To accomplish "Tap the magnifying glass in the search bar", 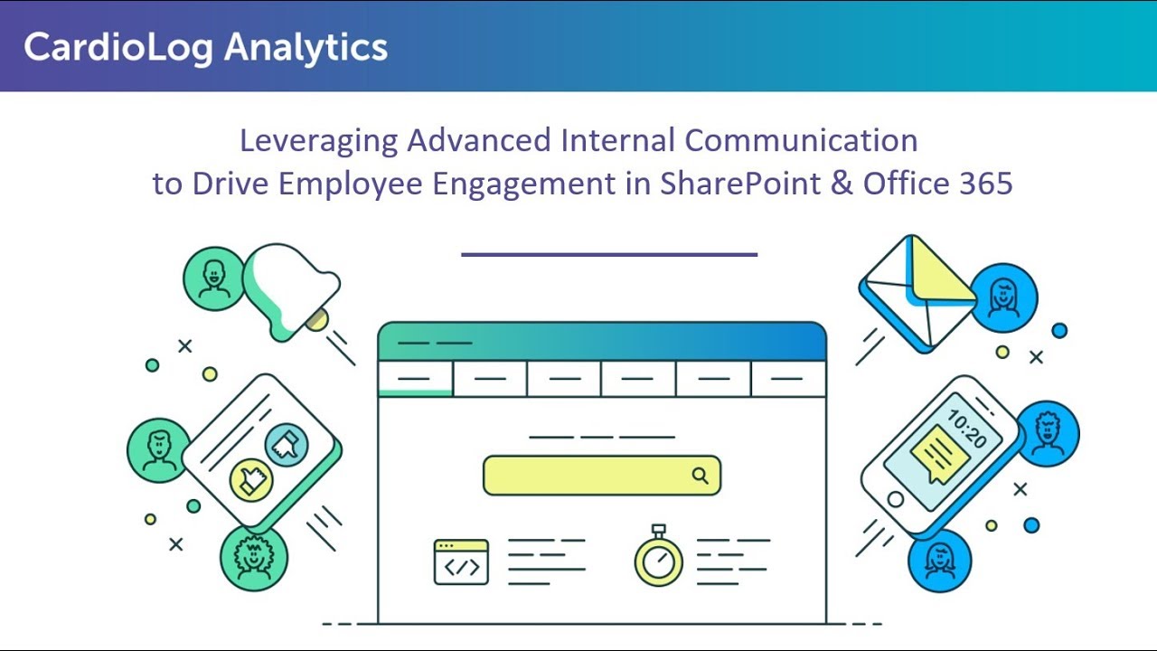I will click(x=701, y=476).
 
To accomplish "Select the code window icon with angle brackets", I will click(x=461, y=562).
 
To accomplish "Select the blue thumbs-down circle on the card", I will click(x=287, y=443).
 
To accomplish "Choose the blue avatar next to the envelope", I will click(x=1005, y=297).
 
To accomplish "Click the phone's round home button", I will click(x=896, y=499).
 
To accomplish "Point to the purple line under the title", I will click(x=609, y=255).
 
